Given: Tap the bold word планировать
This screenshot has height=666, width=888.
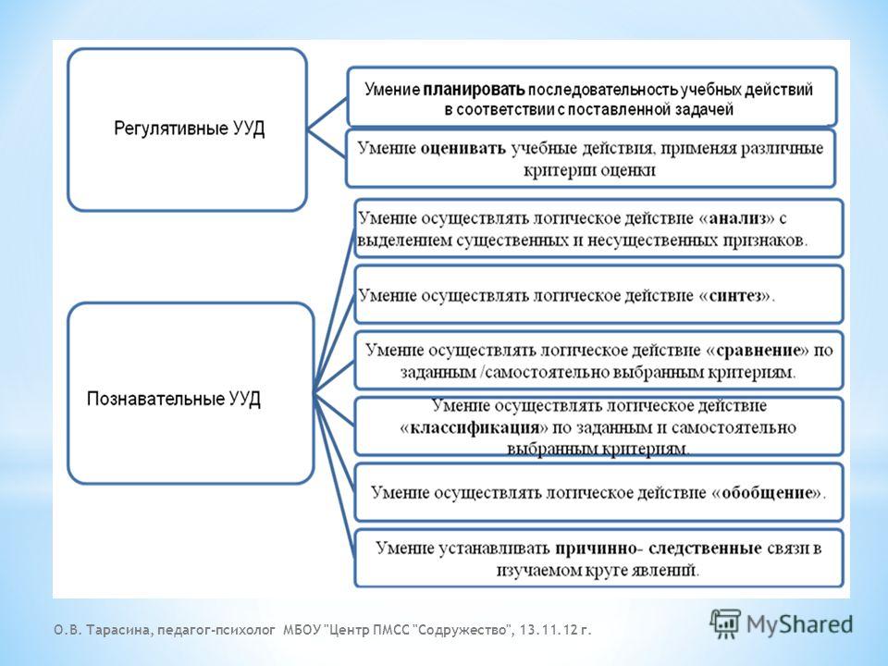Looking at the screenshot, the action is [475, 90].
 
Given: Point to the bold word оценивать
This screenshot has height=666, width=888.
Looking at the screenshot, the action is [463, 149].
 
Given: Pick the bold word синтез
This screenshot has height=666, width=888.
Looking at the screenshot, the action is [735, 296].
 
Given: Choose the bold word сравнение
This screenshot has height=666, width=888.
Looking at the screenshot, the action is [758, 351].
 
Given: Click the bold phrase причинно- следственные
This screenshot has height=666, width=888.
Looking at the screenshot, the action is [658, 549].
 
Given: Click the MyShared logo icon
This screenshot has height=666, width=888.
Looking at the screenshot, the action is [725, 624].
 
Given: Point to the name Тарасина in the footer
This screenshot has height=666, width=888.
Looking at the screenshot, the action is [120, 630].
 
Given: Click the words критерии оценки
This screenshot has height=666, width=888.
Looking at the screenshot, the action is [589, 170].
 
